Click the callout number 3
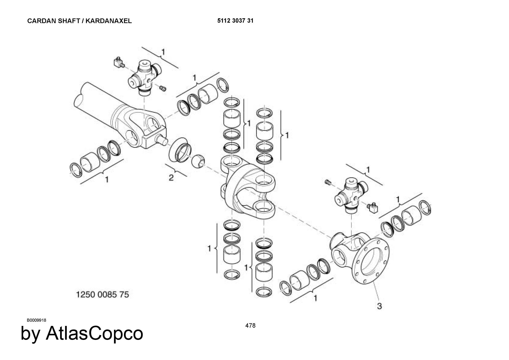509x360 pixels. (379, 306)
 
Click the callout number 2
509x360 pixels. (171, 178)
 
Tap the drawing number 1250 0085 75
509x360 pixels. (103, 295)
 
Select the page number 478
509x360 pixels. (250, 325)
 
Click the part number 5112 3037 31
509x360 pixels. (235, 21)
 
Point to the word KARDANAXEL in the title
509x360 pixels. (109, 21)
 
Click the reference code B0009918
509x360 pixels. (37, 320)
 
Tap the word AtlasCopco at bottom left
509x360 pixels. (94, 333)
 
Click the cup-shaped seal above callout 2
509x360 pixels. (180, 150)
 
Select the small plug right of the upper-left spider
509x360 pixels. (163, 88)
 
